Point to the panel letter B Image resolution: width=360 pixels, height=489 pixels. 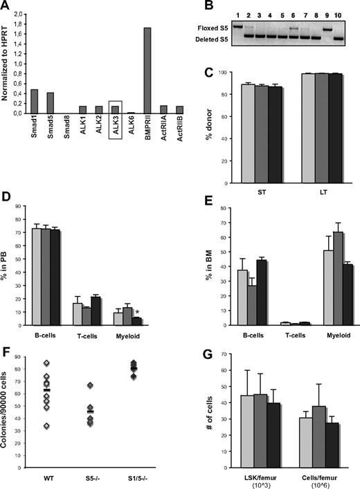[191, 9]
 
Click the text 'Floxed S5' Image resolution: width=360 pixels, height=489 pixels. [210, 28]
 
